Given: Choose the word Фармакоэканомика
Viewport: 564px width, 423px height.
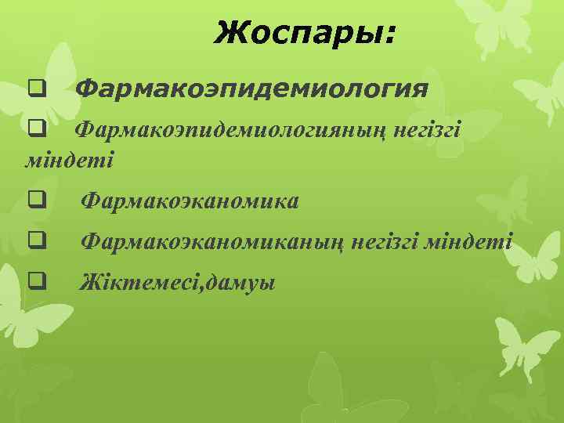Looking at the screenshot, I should tap(190, 202).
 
